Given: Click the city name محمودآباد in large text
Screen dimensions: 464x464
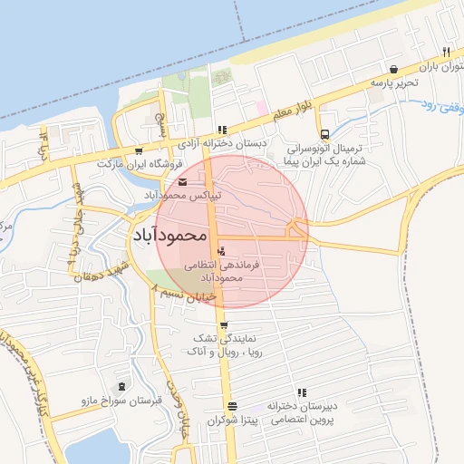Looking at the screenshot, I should point(171,236).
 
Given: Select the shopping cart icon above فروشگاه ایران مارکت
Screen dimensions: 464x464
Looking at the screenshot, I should point(138,150).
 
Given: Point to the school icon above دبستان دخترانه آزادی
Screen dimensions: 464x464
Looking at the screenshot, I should point(223,130).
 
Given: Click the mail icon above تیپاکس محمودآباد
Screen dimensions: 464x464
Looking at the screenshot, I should point(184,182).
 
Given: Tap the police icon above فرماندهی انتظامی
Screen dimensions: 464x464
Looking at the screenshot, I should point(223,250).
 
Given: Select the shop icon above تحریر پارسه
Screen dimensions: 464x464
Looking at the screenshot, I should point(393,69).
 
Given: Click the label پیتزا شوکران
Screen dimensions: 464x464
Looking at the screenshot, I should point(232,420).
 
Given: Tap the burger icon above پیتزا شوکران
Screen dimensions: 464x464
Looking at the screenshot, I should point(232,405).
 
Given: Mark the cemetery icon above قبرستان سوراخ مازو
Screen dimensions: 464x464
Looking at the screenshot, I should point(122,387).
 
